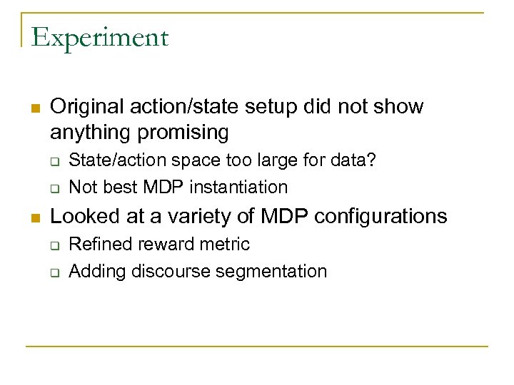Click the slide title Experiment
(99, 37)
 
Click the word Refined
(99, 245)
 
